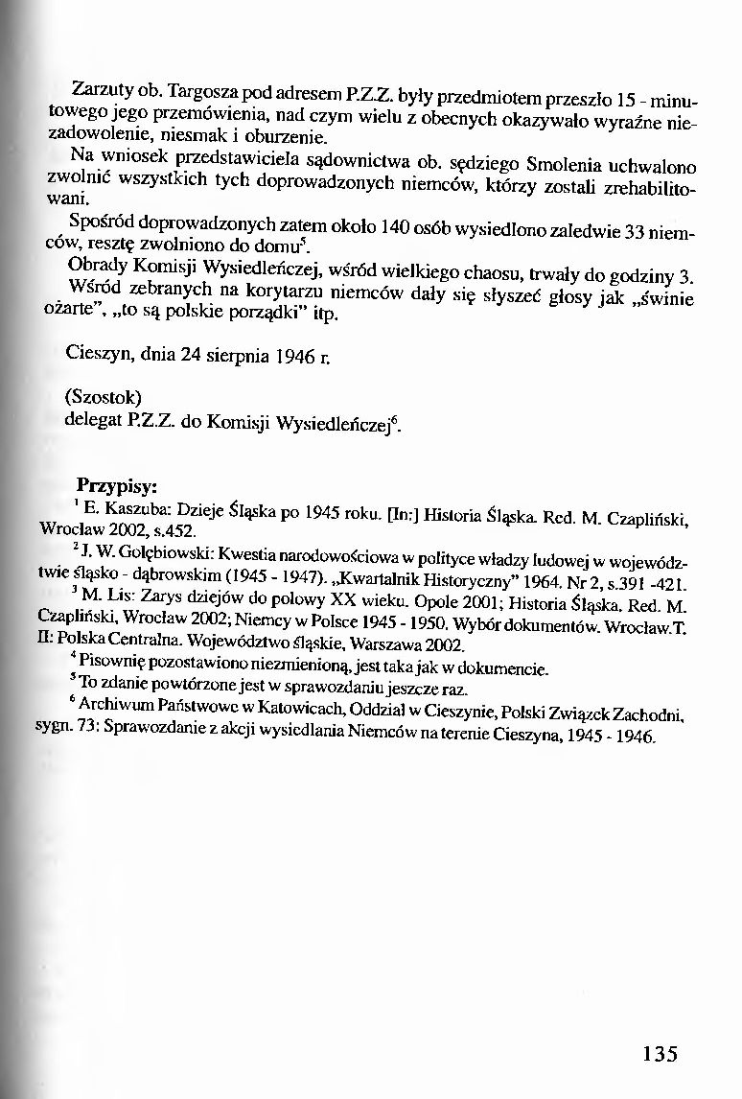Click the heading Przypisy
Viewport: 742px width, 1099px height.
(118, 484)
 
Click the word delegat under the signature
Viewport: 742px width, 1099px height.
(93, 419)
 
